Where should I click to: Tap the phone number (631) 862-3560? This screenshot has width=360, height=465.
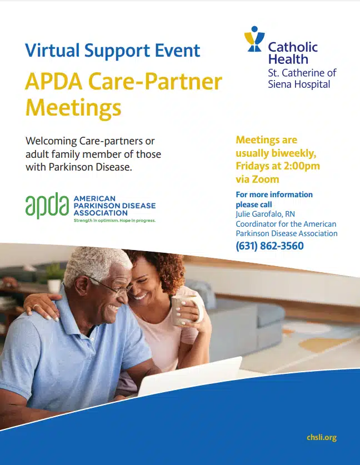coord(269,246)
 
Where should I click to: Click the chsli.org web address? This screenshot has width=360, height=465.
coord(322,437)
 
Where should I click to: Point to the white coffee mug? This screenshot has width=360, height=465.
coord(183,311)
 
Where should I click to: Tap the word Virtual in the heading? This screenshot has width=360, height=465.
coord(52,51)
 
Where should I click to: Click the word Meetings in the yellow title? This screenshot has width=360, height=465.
coord(73,107)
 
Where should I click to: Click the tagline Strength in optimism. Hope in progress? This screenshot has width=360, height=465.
coord(114,221)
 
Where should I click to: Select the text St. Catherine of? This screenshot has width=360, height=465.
coord(302,73)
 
